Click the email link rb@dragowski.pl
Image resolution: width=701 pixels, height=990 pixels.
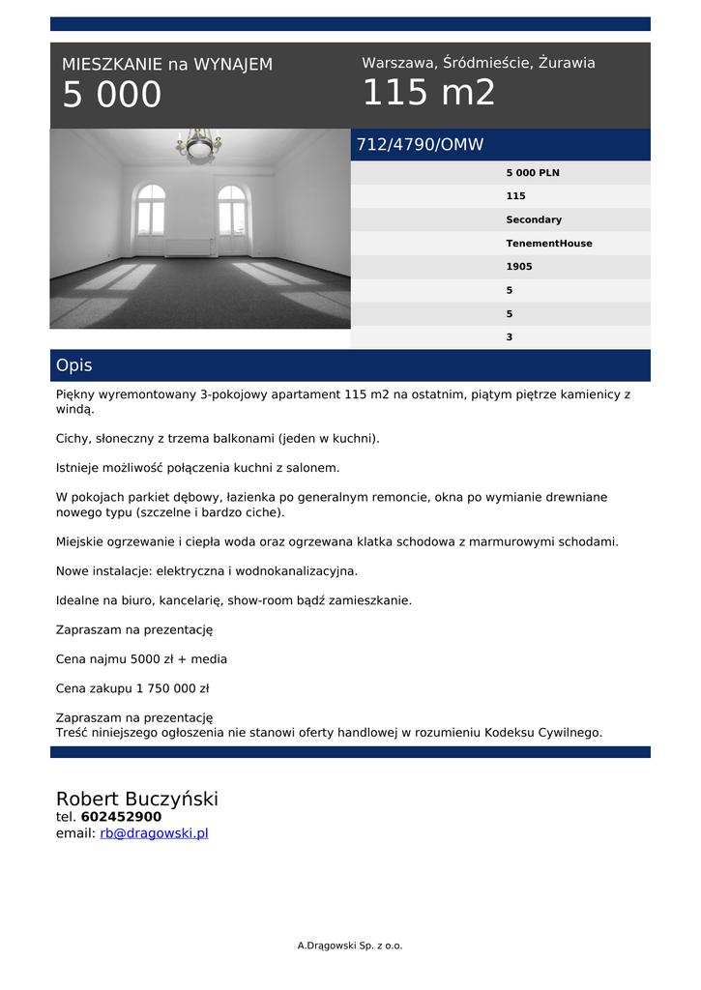pos(154,833)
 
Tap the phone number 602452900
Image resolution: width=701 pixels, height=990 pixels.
pos(121,817)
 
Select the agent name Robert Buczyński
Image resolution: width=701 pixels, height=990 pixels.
pos(137,799)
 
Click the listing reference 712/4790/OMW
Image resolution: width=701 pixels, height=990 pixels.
pos(420,145)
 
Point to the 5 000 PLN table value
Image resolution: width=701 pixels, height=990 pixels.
pos(533,173)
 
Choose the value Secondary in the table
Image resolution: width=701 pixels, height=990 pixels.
pos(534,220)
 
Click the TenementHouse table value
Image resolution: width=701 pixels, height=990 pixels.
pos(549,244)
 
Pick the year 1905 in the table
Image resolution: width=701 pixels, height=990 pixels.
pos(519,267)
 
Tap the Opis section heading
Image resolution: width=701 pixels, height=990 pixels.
pos(74,365)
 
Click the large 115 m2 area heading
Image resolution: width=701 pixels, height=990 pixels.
pos(428,93)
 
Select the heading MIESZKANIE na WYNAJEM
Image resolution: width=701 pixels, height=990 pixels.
pos(167,65)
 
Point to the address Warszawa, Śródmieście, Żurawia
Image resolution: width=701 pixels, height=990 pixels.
pos(479,63)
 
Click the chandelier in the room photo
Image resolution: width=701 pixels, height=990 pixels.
pos(199,146)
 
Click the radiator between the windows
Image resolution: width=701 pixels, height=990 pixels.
pos(190,247)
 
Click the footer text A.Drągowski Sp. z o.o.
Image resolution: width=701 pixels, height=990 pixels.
pos(350,946)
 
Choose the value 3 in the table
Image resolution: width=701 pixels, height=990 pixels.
pos(510,337)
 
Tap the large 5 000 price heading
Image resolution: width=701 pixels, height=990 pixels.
pos(112,95)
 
